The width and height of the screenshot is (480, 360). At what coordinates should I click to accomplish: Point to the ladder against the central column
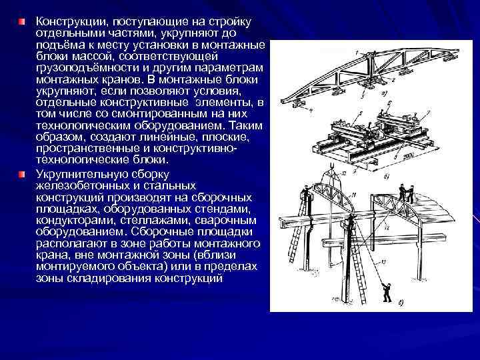coord(358,267)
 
